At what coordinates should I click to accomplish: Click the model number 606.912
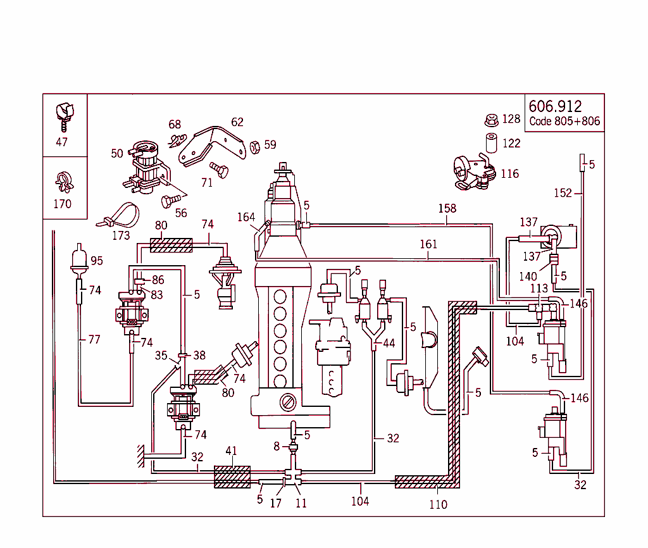pyautogui.click(x=555, y=106)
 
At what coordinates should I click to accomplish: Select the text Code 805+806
pyautogui.click(x=564, y=121)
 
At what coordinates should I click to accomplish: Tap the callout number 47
pyautogui.click(x=61, y=142)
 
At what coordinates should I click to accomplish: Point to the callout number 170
pyautogui.click(x=62, y=204)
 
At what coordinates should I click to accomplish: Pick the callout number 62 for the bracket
pyautogui.click(x=237, y=121)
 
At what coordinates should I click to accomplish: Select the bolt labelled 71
pyautogui.click(x=220, y=170)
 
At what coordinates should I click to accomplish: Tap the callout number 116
pyautogui.click(x=509, y=173)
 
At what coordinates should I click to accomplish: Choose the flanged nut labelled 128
pyautogui.click(x=491, y=119)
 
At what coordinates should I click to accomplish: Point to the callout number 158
pyautogui.click(x=447, y=208)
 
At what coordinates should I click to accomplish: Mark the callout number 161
pyautogui.click(x=428, y=244)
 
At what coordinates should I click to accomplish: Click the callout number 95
pyautogui.click(x=96, y=261)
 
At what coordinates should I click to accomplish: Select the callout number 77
pyautogui.click(x=94, y=339)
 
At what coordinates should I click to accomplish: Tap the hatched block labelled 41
pyautogui.click(x=232, y=476)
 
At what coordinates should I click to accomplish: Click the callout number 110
pyautogui.click(x=438, y=504)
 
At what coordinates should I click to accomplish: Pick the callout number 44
pyautogui.click(x=389, y=342)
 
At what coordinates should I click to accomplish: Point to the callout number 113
pyautogui.click(x=539, y=289)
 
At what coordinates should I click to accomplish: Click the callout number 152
pyautogui.click(x=563, y=193)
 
